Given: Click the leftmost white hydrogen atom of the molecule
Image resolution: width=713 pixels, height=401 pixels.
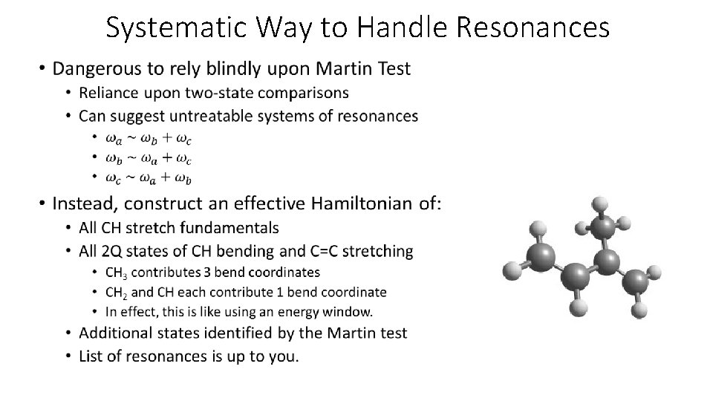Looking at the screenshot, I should [x=509, y=269].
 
